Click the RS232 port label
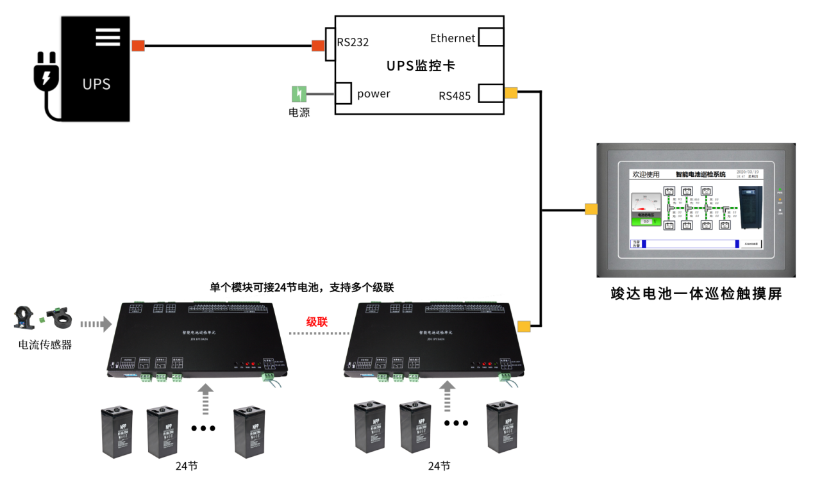[353, 42]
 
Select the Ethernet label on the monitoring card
[453, 38]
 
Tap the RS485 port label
[455, 96]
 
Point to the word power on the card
[374, 94]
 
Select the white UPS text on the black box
[96, 84]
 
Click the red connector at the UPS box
[138, 45]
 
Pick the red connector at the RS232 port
[318, 45]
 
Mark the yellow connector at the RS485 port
[511, 93]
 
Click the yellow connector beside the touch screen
[591, 209]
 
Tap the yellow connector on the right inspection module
[524, 327]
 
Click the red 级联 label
[317, 322]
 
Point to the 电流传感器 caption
[45, 345]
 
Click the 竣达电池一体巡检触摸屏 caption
[696, 294]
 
